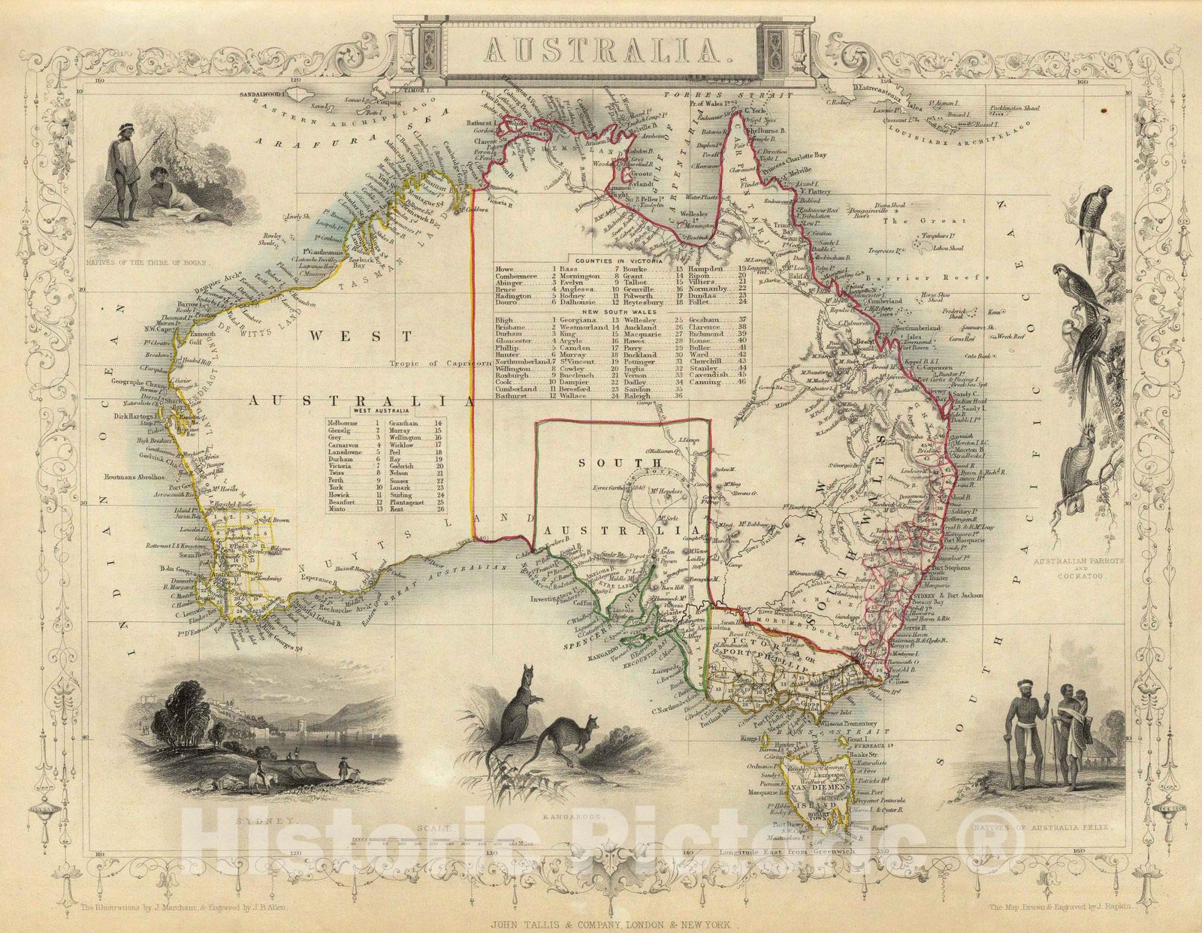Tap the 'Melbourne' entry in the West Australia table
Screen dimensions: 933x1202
click(343, 424)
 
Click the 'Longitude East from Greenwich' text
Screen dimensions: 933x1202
click(787, 853)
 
